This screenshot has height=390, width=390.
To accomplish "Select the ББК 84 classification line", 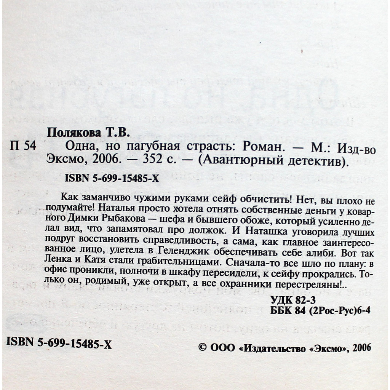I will coord(320,310).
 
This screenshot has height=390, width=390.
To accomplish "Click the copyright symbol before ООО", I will coord(203,347).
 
